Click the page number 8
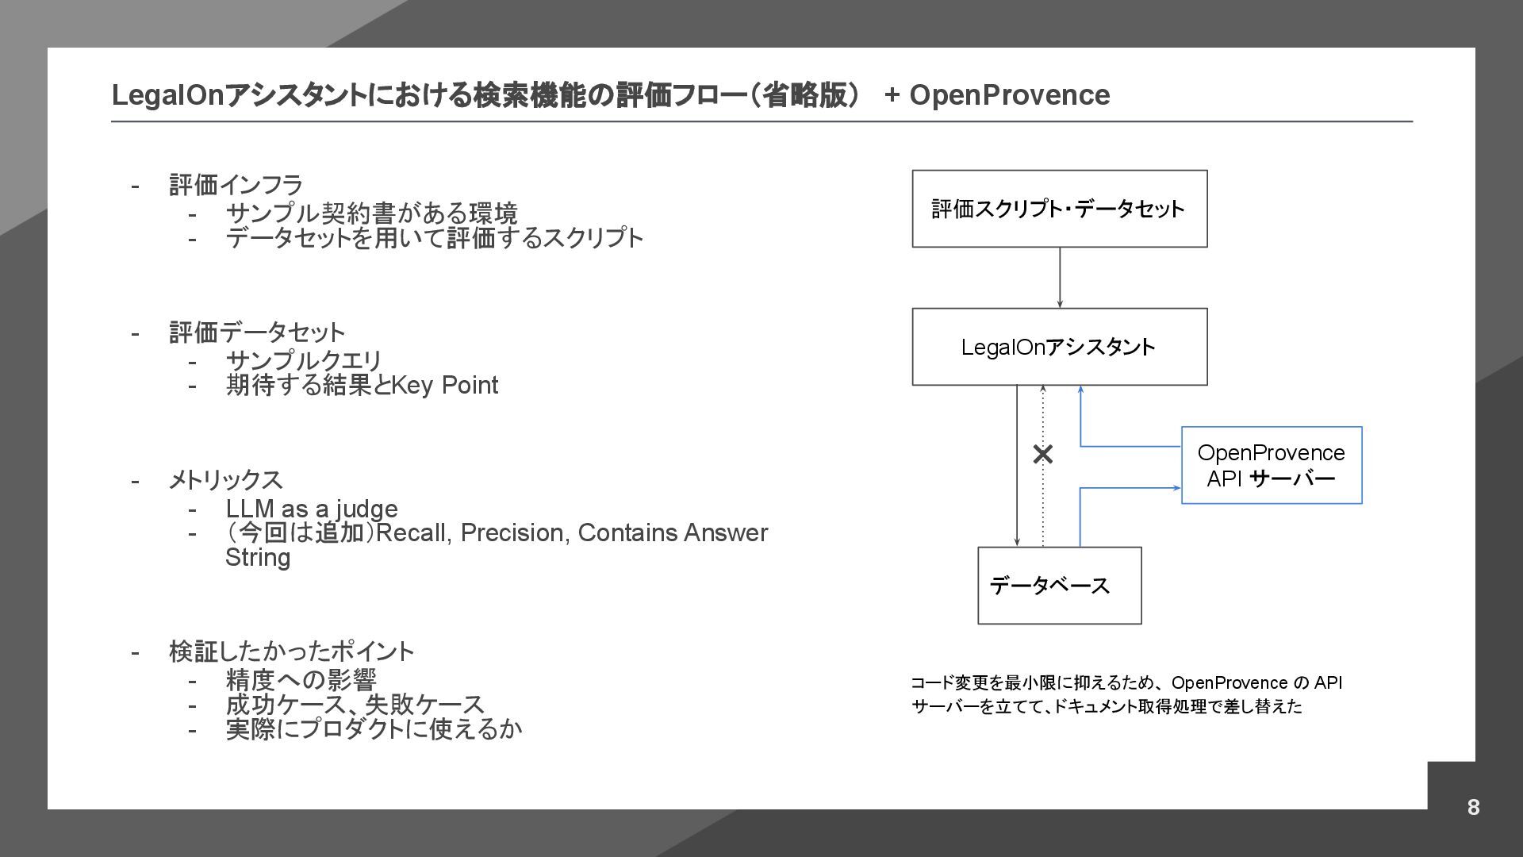click(x=1473, y=807)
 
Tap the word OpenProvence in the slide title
click(x=1009, y=94)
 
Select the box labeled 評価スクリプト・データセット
click(x=1059, y=209)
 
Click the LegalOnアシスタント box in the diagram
click(x=1059, y=347)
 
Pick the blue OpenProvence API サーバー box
click(x=1271, y=465)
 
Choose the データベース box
click(x=1059, y=586)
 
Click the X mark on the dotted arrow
click(x=1043, y=454)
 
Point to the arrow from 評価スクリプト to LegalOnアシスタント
click(x=1060, y=278)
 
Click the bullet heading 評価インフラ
click(x=236, y=185)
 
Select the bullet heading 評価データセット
click(x=257, y=332)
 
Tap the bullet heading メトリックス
click(x=225, y=479)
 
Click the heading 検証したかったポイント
click(x=291, y=651)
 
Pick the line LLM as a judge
click(x=312, y=509)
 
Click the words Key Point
click(x=444, y=385)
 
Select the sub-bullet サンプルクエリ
click(x=304, y=361)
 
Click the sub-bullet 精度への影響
click(x=301, y=680)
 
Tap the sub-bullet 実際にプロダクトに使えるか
click(x=374, y=729)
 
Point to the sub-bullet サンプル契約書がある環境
click(x=371, y=213)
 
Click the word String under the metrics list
click(x=258, y=557)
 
